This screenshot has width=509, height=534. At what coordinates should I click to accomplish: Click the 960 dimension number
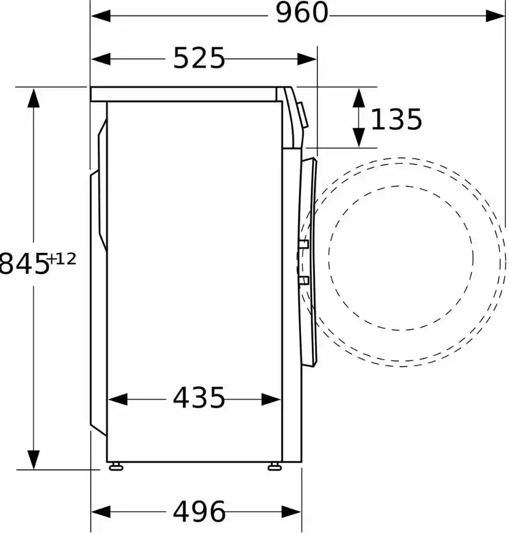302,13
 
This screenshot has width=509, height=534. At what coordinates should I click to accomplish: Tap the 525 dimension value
199,58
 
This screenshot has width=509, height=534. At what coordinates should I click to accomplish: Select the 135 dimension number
396,119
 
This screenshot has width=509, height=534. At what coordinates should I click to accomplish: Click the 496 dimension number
199,511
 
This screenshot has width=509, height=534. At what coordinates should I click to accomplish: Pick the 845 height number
24,264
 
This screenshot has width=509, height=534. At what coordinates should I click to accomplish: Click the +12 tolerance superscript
63,259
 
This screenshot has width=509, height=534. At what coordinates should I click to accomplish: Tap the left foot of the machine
116,467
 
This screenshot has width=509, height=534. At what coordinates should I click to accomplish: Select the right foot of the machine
274,467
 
